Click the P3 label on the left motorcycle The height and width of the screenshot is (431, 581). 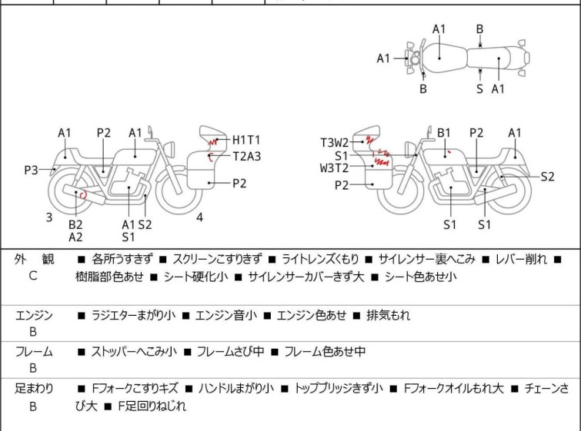31,170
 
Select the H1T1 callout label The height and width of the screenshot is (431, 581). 246,140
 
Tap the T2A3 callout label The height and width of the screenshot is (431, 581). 247,156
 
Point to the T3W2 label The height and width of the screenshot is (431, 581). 335,142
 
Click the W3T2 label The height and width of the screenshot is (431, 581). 335,168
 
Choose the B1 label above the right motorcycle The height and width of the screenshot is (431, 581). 444,133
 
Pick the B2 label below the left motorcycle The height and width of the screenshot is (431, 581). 75,224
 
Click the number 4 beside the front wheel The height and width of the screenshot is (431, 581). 199,217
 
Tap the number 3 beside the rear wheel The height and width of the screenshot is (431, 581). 49,217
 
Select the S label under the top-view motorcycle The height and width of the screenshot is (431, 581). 479,88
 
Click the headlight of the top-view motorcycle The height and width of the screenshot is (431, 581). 414,58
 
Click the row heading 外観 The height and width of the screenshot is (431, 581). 34,260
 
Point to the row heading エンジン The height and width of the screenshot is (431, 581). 34,315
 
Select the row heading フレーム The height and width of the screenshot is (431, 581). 34,352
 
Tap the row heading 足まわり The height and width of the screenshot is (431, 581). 34,389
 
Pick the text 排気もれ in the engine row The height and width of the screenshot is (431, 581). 389,315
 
